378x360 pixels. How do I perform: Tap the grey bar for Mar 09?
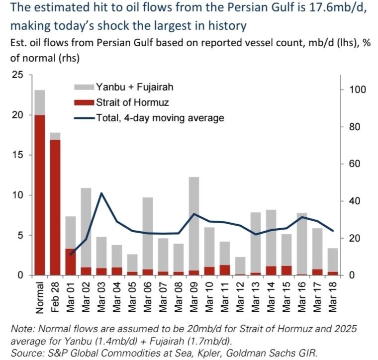(x=180, y=224)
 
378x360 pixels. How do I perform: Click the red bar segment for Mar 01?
(x=70, y=262)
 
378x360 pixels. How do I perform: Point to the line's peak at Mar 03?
(x=101, y=193)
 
